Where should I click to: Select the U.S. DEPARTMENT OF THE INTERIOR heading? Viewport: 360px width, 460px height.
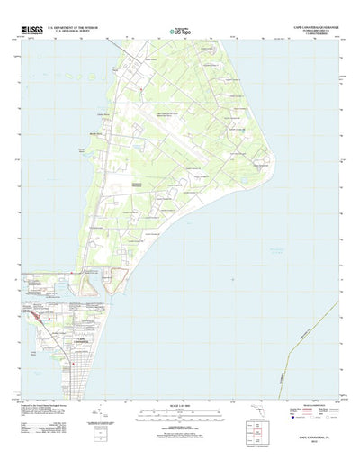[x=77, y=28]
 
